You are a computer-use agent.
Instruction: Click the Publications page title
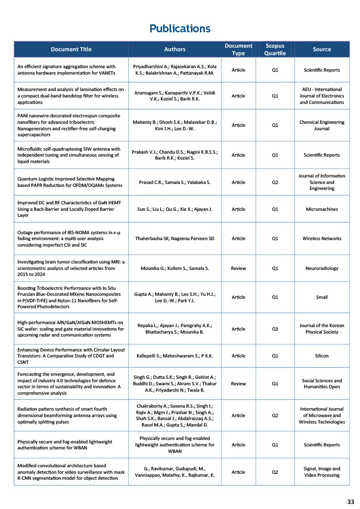[180, 28]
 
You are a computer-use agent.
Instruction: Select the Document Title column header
[71, 49]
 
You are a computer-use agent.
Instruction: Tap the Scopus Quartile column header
[275, 49]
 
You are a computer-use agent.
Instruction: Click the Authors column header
[175, 49]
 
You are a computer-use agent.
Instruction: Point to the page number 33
[351, 501]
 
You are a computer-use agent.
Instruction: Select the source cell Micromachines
[322, 209]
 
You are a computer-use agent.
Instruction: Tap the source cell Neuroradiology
[322, 268]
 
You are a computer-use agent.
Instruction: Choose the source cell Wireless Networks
[322, 239]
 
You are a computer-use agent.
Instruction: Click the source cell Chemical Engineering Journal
[322, 125]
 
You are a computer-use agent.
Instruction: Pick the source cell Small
[322, 297]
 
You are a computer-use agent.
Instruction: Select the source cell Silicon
[322, 356]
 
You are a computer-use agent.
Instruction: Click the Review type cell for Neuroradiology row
[239, 268]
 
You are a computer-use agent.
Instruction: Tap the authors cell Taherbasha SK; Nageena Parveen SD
[175, 239]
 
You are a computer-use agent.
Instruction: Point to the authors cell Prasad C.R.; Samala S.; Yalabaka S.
[175, 182]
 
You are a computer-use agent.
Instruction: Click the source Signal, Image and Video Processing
[322, 472]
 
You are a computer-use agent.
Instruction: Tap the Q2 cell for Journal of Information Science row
[275, 182]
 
